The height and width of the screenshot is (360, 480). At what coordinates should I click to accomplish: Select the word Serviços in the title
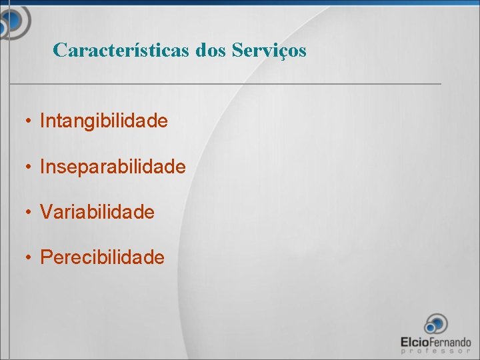(269, 51)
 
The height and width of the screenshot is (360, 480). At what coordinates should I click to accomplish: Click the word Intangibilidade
(103, 121)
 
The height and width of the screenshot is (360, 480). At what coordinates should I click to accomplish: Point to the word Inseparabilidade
(113, 167)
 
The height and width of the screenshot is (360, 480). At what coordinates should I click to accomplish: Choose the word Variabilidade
(97, 213)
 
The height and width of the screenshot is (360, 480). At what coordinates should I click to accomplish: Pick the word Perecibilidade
(102, 257)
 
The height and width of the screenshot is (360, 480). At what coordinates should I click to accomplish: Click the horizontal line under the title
(225, 84)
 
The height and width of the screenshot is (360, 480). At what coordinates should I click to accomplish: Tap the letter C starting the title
(59, 50)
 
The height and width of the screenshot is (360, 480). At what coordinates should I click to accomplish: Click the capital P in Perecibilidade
(46, 257)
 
